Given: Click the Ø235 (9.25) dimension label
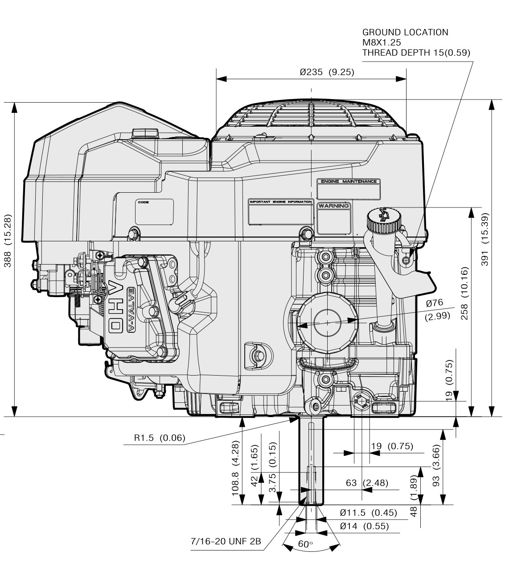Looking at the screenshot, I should point(327,72).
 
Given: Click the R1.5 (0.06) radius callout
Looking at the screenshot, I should point(159,438).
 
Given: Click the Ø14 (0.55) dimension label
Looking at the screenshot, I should point(364,526).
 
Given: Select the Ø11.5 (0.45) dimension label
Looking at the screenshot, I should point(368,513).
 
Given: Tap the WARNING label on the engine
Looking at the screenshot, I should point(333,206).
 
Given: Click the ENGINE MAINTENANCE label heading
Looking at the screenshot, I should point(348,182).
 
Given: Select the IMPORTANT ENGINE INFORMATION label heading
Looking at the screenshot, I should point(280,202).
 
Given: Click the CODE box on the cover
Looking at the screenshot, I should point(154,212).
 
